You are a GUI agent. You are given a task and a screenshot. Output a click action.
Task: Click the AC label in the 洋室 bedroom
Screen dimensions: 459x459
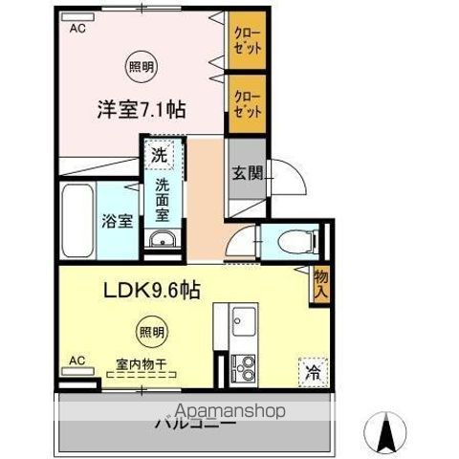[x=76, y=30]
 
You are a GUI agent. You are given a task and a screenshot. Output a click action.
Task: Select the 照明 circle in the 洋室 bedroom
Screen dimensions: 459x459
[x=140, y=66]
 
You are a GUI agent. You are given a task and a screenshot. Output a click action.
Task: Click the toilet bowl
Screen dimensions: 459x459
[x=288, y=240]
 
